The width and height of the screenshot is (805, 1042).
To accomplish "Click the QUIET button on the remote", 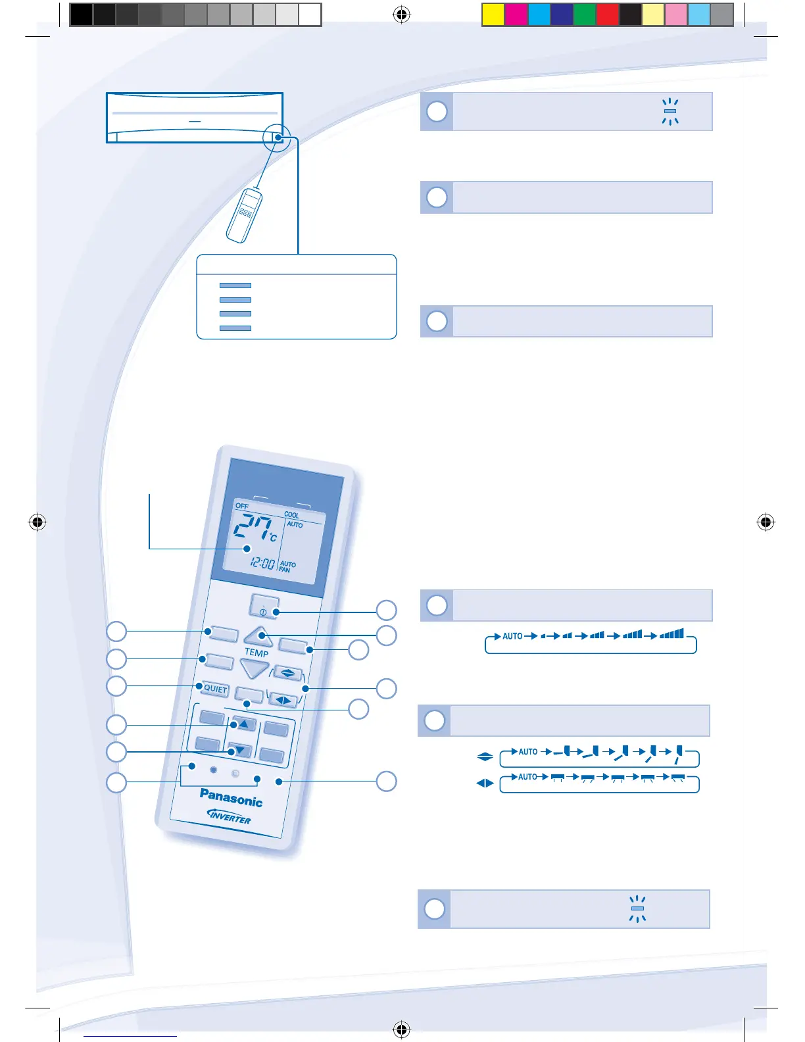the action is pos(215,689).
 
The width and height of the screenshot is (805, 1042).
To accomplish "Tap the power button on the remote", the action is pos(264,607).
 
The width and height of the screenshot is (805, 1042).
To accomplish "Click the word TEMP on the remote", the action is pos(256,653).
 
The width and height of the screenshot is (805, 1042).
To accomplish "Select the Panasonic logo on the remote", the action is pos(231,797).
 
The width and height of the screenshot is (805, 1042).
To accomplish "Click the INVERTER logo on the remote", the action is pos(229,816).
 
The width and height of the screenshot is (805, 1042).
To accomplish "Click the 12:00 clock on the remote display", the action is pos(262,563).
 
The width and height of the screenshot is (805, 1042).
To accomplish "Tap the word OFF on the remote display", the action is pos(242,506).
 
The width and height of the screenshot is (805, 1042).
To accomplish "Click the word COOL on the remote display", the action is pos(291,514).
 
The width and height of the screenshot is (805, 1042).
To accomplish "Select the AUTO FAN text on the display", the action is pos(287,566).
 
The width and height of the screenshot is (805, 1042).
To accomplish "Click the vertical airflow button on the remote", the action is pos(287,673).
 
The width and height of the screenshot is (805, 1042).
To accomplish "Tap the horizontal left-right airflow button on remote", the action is pos(283,700).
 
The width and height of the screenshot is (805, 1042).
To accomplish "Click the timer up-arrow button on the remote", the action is pos(244,724).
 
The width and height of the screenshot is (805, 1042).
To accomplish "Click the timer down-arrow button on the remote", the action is pos(239,750).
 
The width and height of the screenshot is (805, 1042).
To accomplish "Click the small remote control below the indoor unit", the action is pos(244,214).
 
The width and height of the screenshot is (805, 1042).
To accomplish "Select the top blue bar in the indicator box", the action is pos(235,285).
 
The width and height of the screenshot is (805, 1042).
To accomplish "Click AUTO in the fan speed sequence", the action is pos(512,636).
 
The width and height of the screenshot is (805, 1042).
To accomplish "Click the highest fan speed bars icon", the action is pos(671,634).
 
